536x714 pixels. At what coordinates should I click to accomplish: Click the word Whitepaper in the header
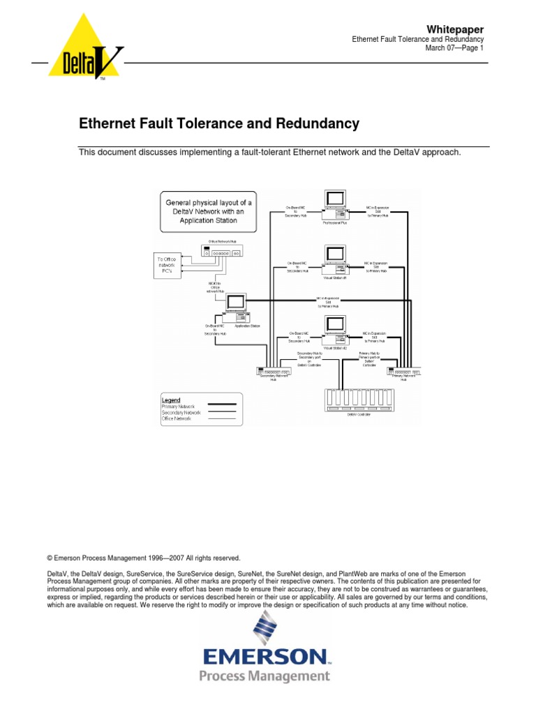(x=455, y=29)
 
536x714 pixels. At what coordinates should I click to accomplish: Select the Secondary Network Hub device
(x=273, y=372)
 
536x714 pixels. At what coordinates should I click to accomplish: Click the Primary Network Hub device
(x=405, y=372)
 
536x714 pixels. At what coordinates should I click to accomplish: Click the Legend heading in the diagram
(x=171, y=400)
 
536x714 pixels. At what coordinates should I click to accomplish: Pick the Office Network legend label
(x=177, y=418)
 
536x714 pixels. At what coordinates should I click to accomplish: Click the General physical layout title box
(x=208, y=211)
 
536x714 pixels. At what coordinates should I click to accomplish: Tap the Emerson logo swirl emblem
(x=265, y=627)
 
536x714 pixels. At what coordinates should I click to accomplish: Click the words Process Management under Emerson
(x=265, y=676)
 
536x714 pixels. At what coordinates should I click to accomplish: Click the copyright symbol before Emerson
(x=50, y=558)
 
